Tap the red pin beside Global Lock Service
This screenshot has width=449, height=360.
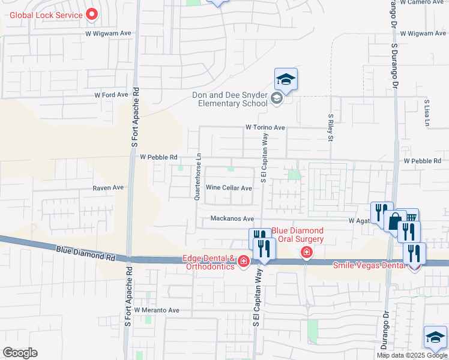[92, 13]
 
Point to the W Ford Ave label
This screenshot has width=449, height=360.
[112, 95]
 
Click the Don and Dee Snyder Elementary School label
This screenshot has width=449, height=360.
[230, 99]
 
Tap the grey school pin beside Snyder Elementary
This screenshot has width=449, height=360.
[277, 98]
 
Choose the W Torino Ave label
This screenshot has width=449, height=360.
[265, 128]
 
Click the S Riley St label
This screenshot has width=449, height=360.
[330, 128]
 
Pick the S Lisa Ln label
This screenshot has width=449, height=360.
[427, 112]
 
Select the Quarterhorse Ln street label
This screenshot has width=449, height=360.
[197, 175]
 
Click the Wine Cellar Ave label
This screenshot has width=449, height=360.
[229, 188]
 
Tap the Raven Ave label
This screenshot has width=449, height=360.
[107, 188]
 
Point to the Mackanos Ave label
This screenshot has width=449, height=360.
[232, 219]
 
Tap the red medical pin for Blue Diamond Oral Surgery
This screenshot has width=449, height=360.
[307, 253]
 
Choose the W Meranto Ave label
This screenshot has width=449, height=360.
[157, 310]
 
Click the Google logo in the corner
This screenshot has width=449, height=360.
[20, 353]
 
